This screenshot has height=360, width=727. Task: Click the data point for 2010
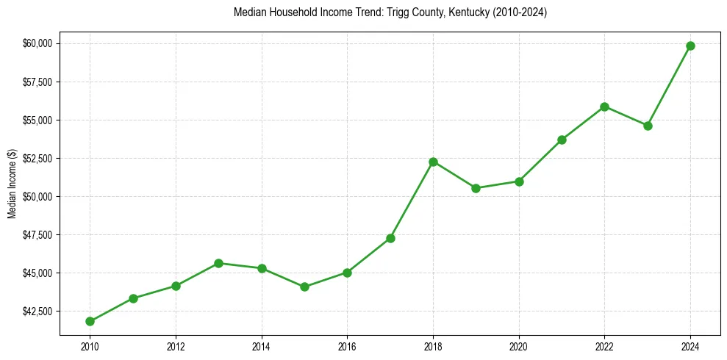[90, 321]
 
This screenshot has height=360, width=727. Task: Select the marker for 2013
[218, 263]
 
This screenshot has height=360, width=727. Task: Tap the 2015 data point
[304, 287]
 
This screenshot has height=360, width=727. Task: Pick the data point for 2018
[433, 162]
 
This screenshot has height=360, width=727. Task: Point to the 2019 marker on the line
[476, 188]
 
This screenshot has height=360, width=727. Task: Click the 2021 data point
[562, 140]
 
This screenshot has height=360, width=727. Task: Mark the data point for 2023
[648, 126]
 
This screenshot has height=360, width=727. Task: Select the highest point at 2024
[690, 46]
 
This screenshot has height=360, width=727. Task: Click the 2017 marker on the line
[390, 238]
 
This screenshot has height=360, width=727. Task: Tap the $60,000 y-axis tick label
[37, 43]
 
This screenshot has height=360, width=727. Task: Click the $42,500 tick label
[37, 312]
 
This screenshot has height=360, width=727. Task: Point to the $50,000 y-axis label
[37, 197]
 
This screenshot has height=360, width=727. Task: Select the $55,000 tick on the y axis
[37, 120]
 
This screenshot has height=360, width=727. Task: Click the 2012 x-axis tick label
[176, 345]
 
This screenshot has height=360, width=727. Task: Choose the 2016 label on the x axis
[347, 345]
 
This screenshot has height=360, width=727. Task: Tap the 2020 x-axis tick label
[519, 345]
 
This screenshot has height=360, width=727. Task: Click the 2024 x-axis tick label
[690, 345]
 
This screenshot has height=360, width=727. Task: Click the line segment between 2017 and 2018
[412, 200]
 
